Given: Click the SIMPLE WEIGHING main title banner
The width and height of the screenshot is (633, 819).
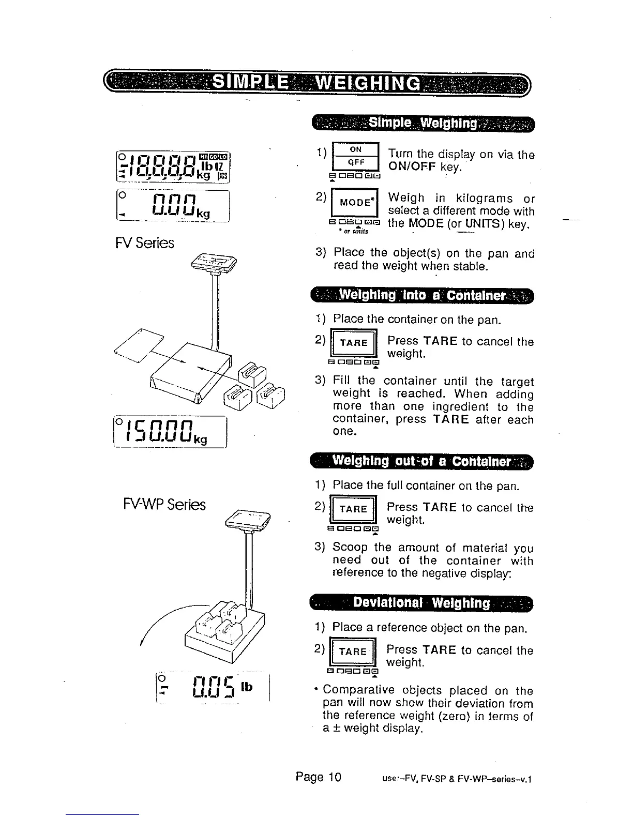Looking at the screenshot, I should coord(317,84).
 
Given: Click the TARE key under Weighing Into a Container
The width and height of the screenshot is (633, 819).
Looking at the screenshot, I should coord(354,343).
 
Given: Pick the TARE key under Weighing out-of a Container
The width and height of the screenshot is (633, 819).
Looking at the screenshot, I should coord(354,509).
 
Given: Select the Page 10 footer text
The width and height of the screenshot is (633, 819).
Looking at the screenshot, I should coord(319,777).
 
